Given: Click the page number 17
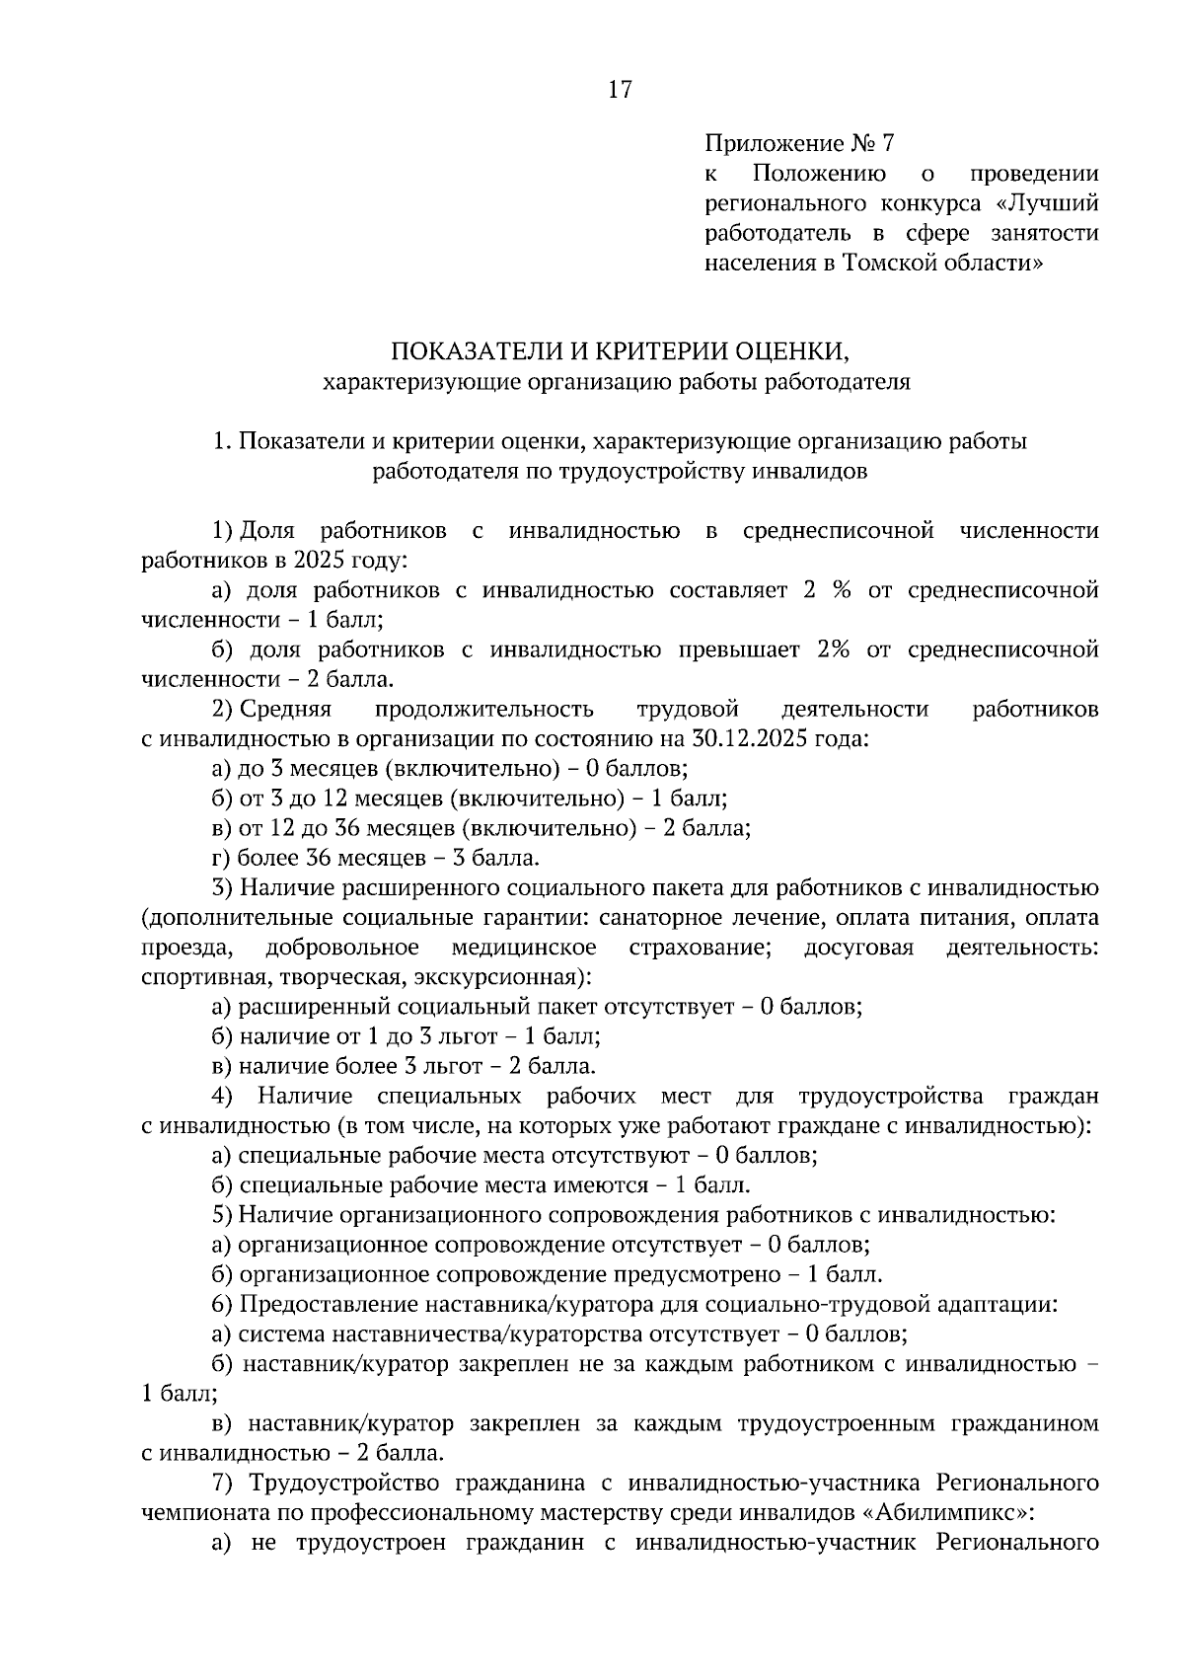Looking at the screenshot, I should pos(619,90).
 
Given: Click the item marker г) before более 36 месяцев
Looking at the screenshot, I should pos(222,858).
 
